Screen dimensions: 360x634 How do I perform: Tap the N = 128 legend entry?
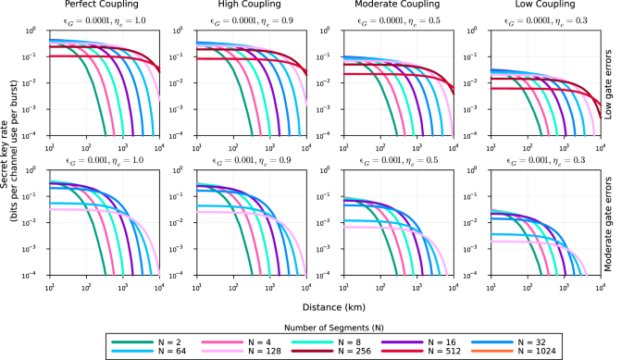tap(241, 350)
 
